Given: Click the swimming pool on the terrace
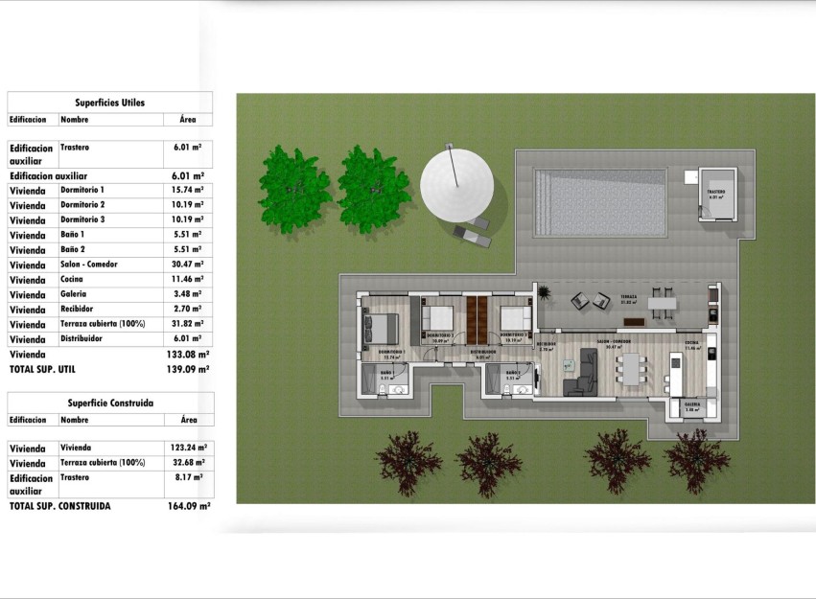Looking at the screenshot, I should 600,203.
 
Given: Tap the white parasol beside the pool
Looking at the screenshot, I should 457,181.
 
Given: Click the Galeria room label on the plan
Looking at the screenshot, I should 692,404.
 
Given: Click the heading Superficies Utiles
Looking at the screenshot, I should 110,103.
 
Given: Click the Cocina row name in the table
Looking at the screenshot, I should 73,279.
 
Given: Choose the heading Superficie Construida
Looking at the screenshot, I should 110,403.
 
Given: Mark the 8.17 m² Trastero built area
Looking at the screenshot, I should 188,476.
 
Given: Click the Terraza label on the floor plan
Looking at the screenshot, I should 629,297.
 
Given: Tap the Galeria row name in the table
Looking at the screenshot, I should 74,294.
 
